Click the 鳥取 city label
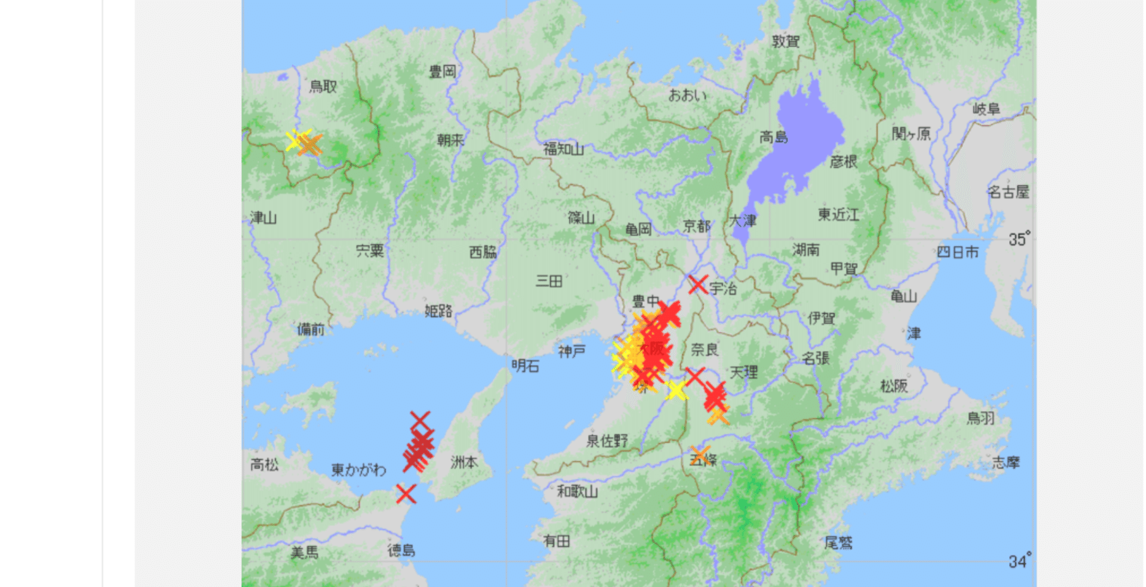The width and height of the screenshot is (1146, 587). click(323, 86)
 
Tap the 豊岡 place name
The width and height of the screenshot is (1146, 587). click(442, 72)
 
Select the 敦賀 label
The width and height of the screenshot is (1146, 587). click(785, 41)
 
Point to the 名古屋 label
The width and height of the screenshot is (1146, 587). click(1008, 192)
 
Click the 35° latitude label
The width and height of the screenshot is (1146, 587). click(1019, 239)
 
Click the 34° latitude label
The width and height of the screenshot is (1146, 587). click(1019, 561)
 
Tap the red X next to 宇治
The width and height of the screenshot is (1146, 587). click(698, 285)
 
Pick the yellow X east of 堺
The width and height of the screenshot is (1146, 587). click(676, 391)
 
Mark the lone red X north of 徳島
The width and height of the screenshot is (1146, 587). click(406, 494)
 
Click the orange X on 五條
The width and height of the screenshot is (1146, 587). click(701, 455)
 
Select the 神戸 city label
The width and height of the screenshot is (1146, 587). click(572, 351)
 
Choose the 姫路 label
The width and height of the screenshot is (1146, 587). click(439, 311)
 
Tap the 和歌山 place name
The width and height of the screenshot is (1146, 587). click(577, 492)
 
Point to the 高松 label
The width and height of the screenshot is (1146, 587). click(264, 464)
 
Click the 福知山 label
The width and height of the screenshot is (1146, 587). click(563, 149)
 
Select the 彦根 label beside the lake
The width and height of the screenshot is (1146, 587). click(843, 162)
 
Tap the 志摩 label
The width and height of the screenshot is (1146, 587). click(1006, 462)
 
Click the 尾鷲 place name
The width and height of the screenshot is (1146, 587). click(838, 542)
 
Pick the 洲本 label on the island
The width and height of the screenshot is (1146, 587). click(464, 462)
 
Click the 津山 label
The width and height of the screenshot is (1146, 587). click(263, 218)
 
